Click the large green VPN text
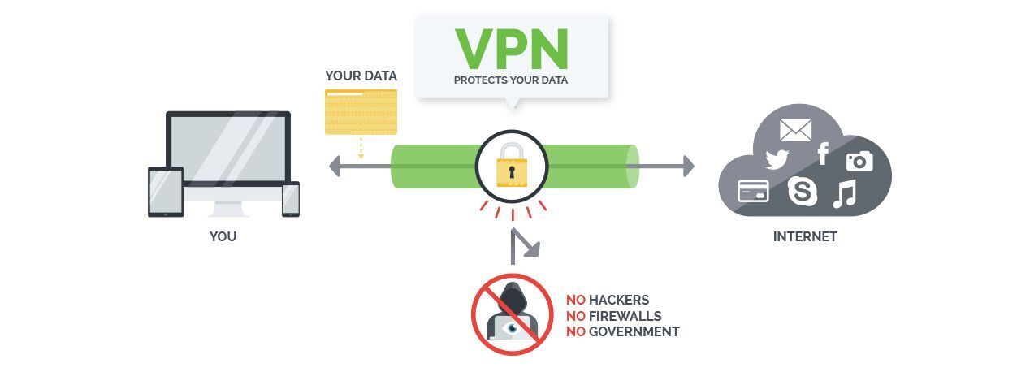coord(511,49)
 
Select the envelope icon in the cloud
coord(795,129)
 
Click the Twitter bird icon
coord(777,159)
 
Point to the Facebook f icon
coord(823,154)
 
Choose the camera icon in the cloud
coord(859,160)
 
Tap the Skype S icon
coord(803,192)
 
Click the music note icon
coord(844,193)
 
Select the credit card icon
coord(753,191)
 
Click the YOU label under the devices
coord(223,237)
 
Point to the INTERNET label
coord(804,237)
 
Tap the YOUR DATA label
coord(361,76)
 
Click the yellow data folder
coord(361,111)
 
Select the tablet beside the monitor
coord(165,192)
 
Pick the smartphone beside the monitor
coord(291,199)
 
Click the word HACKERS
coord(619,301)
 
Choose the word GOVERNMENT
coord(634,331)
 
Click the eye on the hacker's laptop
coord(512,328)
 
